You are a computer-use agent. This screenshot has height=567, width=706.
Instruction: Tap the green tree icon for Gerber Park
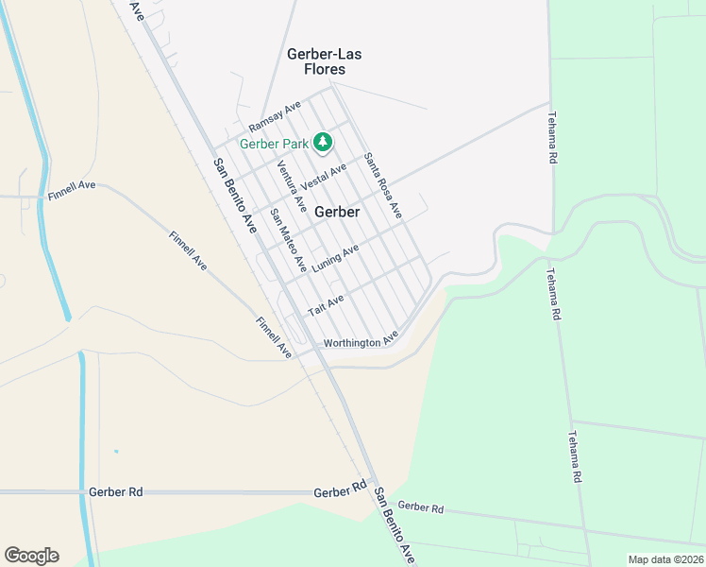(323, 142)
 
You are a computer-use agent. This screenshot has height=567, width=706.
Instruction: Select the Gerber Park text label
(274, 144)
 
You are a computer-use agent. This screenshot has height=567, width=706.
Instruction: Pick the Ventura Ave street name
(292, 185)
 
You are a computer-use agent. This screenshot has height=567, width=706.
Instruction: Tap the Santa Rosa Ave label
(383, 186)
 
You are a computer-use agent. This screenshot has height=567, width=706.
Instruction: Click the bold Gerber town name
(337, 212)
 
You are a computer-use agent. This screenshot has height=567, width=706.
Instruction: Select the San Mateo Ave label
(288, 240)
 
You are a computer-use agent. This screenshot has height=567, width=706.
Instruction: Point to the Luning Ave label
(336, 256)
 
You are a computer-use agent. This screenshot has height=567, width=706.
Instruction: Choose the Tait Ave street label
(325, 305)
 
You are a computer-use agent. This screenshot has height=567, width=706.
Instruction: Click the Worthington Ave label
(361, 342)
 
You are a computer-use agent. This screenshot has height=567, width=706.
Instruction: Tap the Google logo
(31, 556)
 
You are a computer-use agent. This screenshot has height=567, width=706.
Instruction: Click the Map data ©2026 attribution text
(664, 559)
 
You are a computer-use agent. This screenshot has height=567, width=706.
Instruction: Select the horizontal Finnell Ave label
(72, 197)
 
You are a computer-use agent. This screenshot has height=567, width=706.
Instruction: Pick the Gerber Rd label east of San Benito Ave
(420, 507)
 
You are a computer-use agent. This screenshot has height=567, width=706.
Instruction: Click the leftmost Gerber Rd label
(115, 492)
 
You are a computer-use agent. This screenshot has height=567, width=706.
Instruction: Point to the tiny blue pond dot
(116, 451)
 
